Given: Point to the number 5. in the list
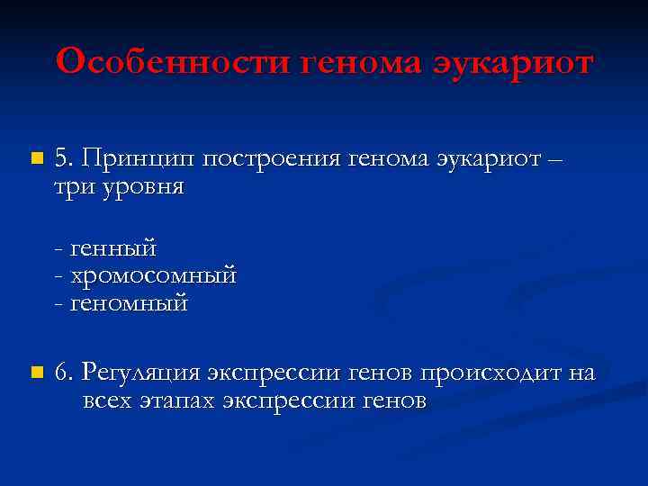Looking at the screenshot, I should tap(65, 158).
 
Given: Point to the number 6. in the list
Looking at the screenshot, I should tap(65, 371).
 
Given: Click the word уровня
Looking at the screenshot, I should tap(142, 189).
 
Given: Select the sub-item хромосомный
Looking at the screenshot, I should tap(152, 274).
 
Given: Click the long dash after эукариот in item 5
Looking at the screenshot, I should tap(555, 160).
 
